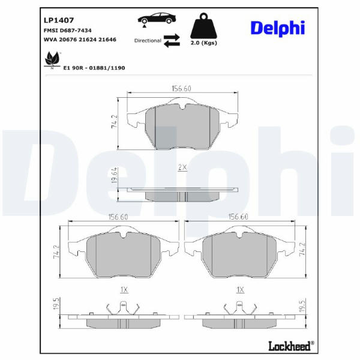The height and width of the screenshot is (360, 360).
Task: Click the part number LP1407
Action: pyautogui.click(x=59, y=20)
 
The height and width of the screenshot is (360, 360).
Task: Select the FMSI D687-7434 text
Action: pyautogui.click(x=67, y=31)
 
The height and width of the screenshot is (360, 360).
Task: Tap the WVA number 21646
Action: pyautogui.click(x=107, y=40)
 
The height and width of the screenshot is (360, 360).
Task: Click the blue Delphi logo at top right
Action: pyautogui.click(x=278, y=28)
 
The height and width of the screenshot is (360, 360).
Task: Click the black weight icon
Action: pyautogui.click(x=203, y=26)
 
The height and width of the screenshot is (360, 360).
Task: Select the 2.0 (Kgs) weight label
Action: pyautogui.click(x=204, y=43)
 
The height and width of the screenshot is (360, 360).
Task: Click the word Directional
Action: pyautogui.click(x=148, y=41)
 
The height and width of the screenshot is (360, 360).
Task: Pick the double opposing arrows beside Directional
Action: pyautogui.click(x=172, y=40)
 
